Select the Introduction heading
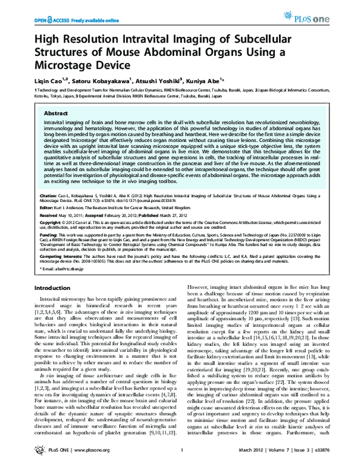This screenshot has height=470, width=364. click(55, 287)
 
